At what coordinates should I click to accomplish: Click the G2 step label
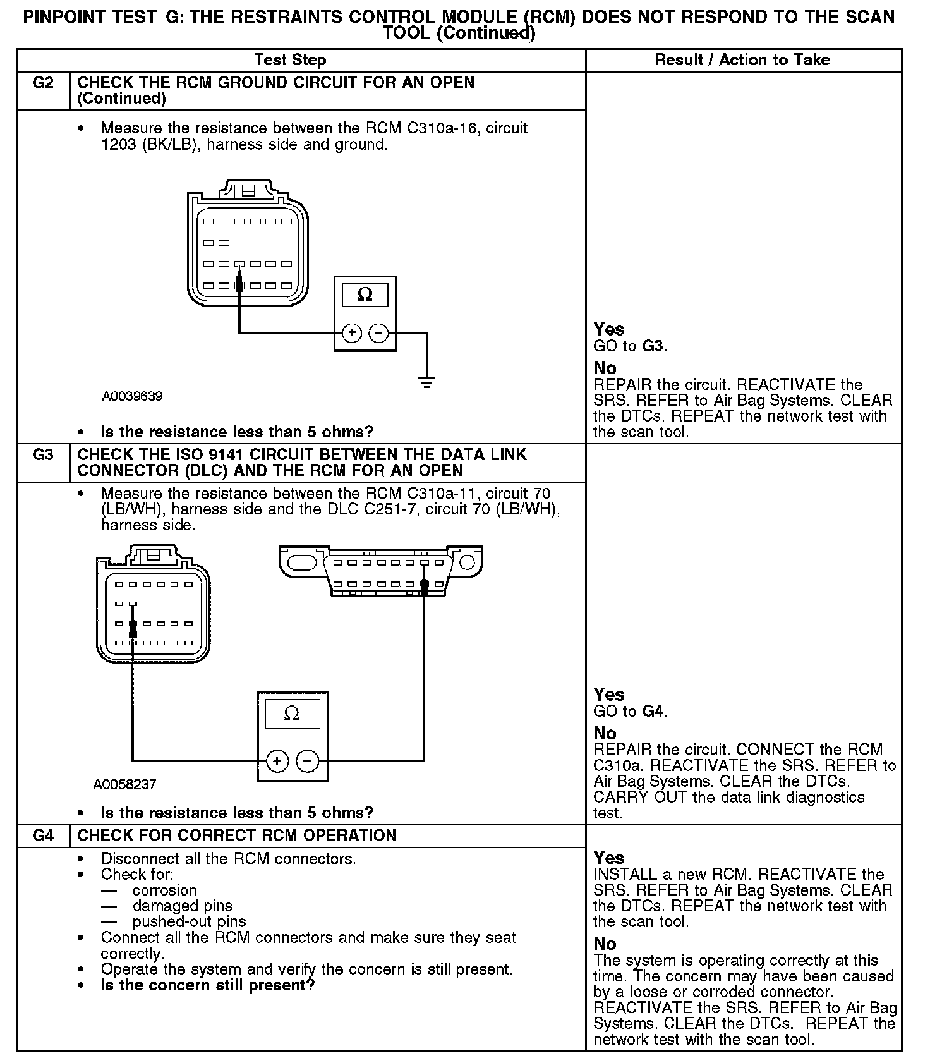(43, 83)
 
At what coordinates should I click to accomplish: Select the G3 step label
(43, 455)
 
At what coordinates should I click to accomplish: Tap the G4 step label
(43, 835)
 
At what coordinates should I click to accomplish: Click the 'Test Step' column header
(290, 60)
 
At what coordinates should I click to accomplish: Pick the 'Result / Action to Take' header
(742, 60)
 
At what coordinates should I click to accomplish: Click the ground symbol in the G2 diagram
(427, 382)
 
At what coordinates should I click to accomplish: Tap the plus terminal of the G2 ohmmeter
(352, 333)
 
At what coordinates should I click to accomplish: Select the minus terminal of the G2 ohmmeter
(378, 333)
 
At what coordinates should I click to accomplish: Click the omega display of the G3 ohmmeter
(292, 714)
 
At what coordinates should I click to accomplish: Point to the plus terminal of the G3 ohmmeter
(277, 761)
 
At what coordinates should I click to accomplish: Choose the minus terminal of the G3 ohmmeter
(307, 761)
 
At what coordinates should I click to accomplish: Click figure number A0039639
(132, 396)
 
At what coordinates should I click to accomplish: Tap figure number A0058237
(124, 784)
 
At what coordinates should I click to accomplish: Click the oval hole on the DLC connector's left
(301, 562)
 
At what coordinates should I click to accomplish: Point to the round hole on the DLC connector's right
(467, 562)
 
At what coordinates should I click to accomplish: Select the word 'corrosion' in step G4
(164, 890)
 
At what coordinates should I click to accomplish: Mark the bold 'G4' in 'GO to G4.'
(653, 712)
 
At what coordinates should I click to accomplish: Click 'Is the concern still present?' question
(208, 985)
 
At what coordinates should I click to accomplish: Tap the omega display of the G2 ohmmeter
(365, 295)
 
